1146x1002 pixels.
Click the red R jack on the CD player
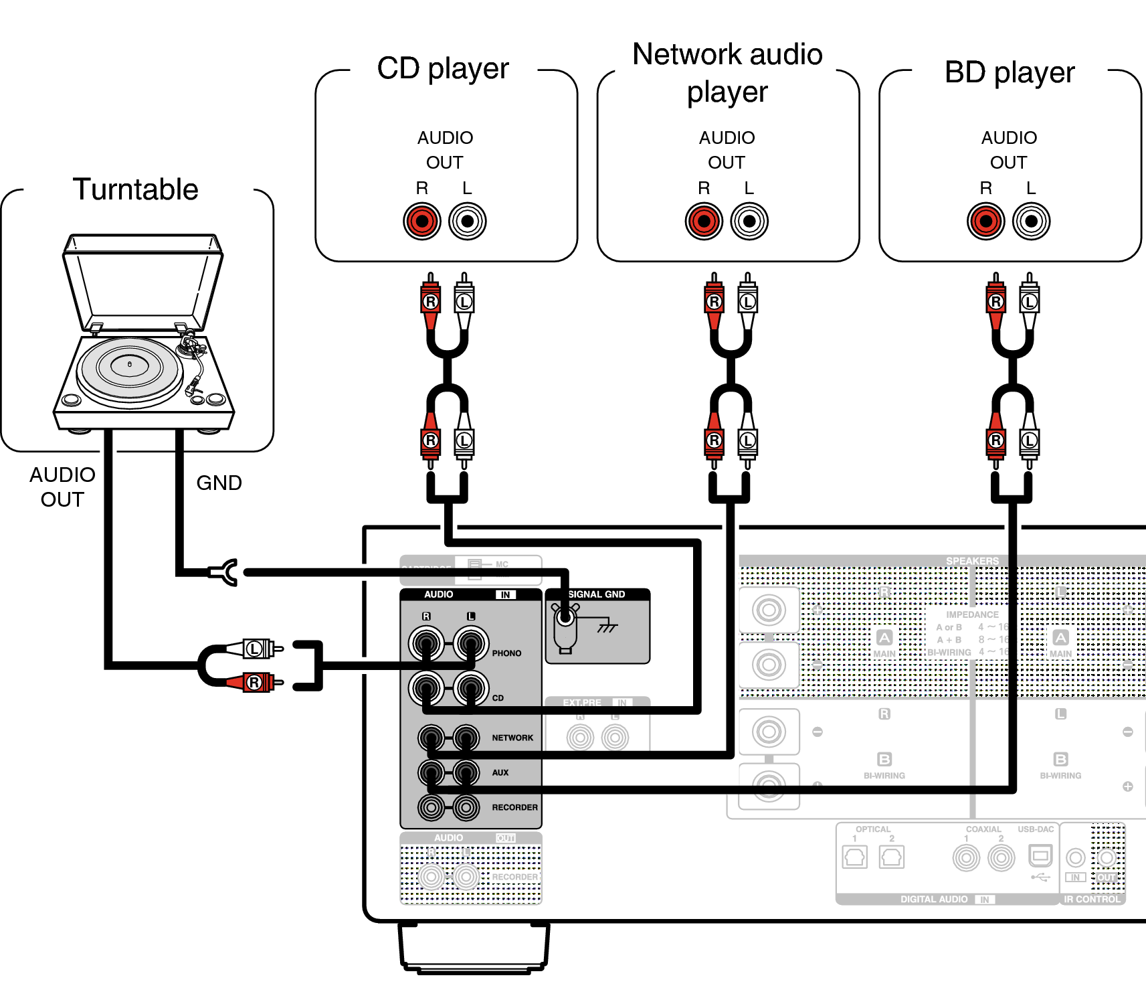click(x=422, y=222)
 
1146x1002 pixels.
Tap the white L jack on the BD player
click(x=1031, y=222)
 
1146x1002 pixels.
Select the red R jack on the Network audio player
click(x=704, y=222)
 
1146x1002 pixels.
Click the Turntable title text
click(x=135, y=189)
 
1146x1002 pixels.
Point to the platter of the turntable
click(x=129, y=367)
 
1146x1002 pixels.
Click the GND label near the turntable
click(x=219, y=483)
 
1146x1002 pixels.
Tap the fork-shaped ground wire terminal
click(x=225, y=572)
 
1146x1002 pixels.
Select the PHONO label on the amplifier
click(x=506, y=653)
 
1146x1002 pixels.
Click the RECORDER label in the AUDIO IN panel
click(x=514, y=807)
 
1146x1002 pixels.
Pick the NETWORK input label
click(x=512, y=738)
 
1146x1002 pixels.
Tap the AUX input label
click(x=500, y=772)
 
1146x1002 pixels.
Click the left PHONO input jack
click(x=426, y=644)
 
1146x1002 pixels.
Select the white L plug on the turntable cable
click(x=257, y=648)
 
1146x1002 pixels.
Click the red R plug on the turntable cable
click(x=257, y=682)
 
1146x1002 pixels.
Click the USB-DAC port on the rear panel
click(x=1040, y=856)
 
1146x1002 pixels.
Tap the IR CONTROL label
click(x=1092, y=899)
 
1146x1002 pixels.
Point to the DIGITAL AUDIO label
click(x=934, y=899)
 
